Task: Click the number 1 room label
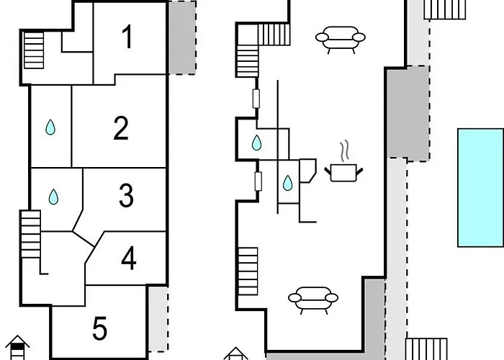(x=128, y=37)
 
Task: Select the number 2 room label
(x=121, y=127)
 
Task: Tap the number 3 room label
(x=126, y=195)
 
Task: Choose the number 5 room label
(x=99, y=328)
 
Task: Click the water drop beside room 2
(x=50, y=127)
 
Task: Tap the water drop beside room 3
(x=53, y=197)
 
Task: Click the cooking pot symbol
(x=343, y=173)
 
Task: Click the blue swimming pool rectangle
(x=481, y=188)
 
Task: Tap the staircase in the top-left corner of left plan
(x=34, y=50)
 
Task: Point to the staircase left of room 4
(x=30, y=234)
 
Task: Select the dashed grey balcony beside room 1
(x=182, y=38)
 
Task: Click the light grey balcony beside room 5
(x=158, y=319)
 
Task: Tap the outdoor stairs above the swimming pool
(x=445, y=9)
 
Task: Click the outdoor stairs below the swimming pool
(x=426, y=349)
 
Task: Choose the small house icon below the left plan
(x=17, y=348)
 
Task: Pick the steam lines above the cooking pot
(x=344, y=150)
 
